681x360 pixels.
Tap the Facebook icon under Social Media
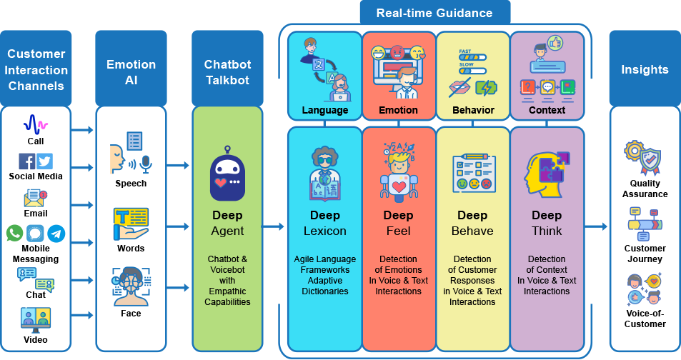click(x=26, y=161)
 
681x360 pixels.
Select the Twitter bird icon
click(x=44, y=161)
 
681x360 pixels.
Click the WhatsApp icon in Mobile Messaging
click(x=14, y=233)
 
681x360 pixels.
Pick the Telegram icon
click(x=56, y=233)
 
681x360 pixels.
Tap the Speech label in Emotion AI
click(x=131, y=184)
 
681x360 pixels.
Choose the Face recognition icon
click(x=131, y=286)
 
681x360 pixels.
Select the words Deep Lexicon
click(x=325, y=223)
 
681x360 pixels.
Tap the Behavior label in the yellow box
click(x=473, y=111)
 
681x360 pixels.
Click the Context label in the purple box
click(x=547, y=111)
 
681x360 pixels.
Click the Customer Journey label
click(x=645, y=254)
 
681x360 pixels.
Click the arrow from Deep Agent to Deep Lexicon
click(x=273, y=227)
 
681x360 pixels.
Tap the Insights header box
click(x=645, y=69)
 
